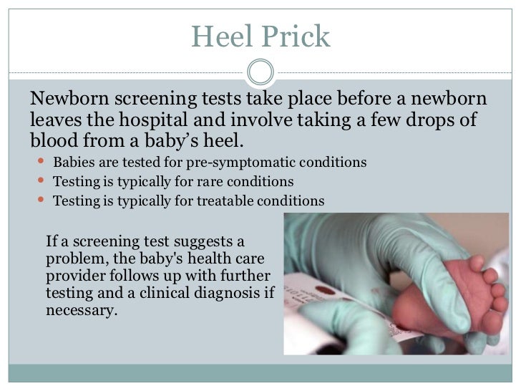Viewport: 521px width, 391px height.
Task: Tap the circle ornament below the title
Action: (260, 72)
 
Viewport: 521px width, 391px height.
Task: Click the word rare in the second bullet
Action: (210, 181)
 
